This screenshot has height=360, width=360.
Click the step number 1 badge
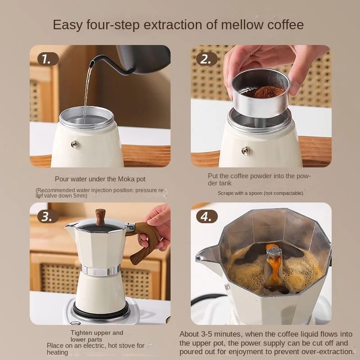pyautogui.click(x=48, y=59)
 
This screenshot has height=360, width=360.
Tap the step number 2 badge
pyautogui.click(x=207, y=59)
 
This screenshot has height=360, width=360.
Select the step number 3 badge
pyautogui.click(x=48, y=216)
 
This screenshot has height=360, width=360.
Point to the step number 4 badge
pyautogui.click(x=207, y=216)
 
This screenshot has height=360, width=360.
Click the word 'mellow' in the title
pyautogui.click(x=242, y=25)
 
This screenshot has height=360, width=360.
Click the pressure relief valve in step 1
pyautogui.click(x=75, y=144)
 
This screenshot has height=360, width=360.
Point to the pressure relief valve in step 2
pyautogui.click(x=246, y=151)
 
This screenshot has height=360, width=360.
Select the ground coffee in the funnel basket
pyautogui.click(x=264, y=92)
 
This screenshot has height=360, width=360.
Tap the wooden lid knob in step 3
pyautogui.click(x=100, y=217)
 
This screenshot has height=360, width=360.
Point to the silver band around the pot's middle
pyautogui.click(x=100, y=270)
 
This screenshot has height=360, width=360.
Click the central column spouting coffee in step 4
pyautogui.click(x=274, y=264)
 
